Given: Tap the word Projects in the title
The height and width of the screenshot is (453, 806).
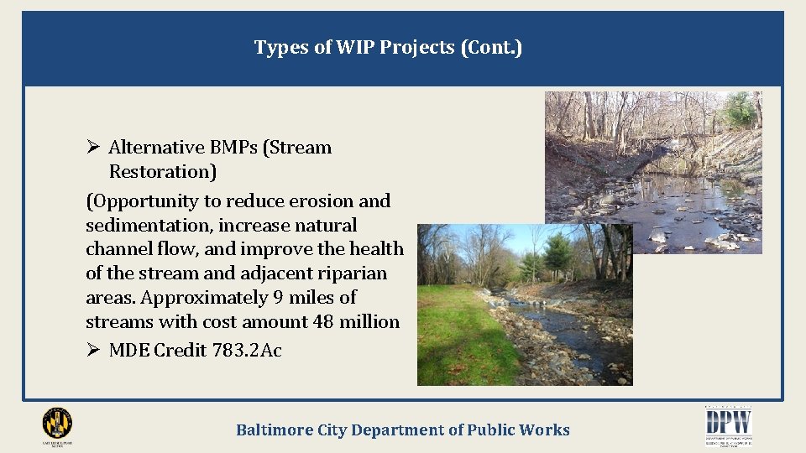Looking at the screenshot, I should pyautogui.click(x=418, y=48).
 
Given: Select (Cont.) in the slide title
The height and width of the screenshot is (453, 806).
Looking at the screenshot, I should pyautogui.click(x=491, y=48).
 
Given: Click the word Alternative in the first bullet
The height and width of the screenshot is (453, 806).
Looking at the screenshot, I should pyautogui.click(x=157, y=148).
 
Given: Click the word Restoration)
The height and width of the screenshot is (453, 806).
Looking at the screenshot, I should pyautogui.click(x=163, y=172).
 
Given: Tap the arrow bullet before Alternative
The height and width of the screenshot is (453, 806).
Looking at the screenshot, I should pyautogui.click(x=93, y=148).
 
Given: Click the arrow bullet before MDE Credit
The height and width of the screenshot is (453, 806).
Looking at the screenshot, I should pyautogui.click(x=93, y=351).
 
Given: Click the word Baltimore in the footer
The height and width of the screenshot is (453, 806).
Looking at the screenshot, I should pyautogui.click(x=275, y=430).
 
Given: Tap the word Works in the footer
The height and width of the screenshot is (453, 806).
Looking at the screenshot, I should pyautogui.click(x=543, y=430).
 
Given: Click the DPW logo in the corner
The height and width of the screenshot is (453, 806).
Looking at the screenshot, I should pyautogui.click(x=728, y=424).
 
